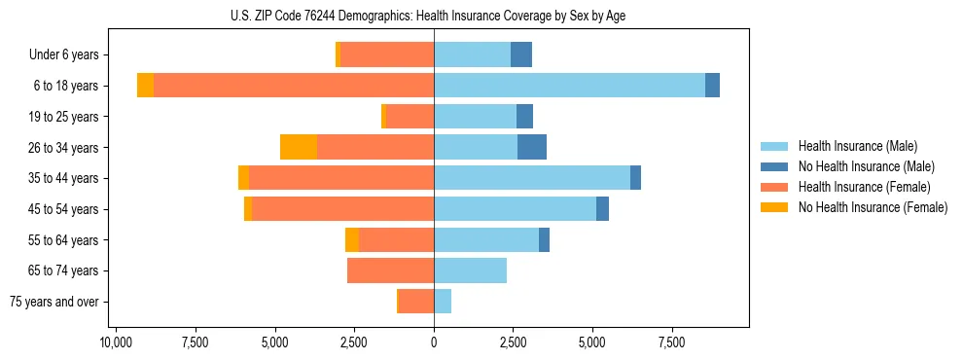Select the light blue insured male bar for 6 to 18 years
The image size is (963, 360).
click(x=569, y=86)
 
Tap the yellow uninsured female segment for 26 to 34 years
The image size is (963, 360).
click(x=299, y=147)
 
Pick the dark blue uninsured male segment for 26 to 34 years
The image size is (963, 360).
click(x=532, y=147)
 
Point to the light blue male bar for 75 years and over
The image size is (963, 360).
click(x=443, y=302)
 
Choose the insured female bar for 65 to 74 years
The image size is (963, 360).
click(x=390, y=270)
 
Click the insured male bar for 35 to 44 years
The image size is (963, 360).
click(x=532, y=178)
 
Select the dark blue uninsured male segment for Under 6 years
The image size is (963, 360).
click(x=521, y=54)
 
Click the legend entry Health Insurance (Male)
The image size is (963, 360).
click(x=857, y=146)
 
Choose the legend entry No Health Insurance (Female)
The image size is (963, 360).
click(x=873, y=207)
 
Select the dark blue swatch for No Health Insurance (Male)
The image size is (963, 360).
click(x=775, y=166)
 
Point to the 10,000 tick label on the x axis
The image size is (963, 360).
click(x=116, y=342)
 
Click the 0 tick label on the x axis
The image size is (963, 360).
click(x=434, y=342)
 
